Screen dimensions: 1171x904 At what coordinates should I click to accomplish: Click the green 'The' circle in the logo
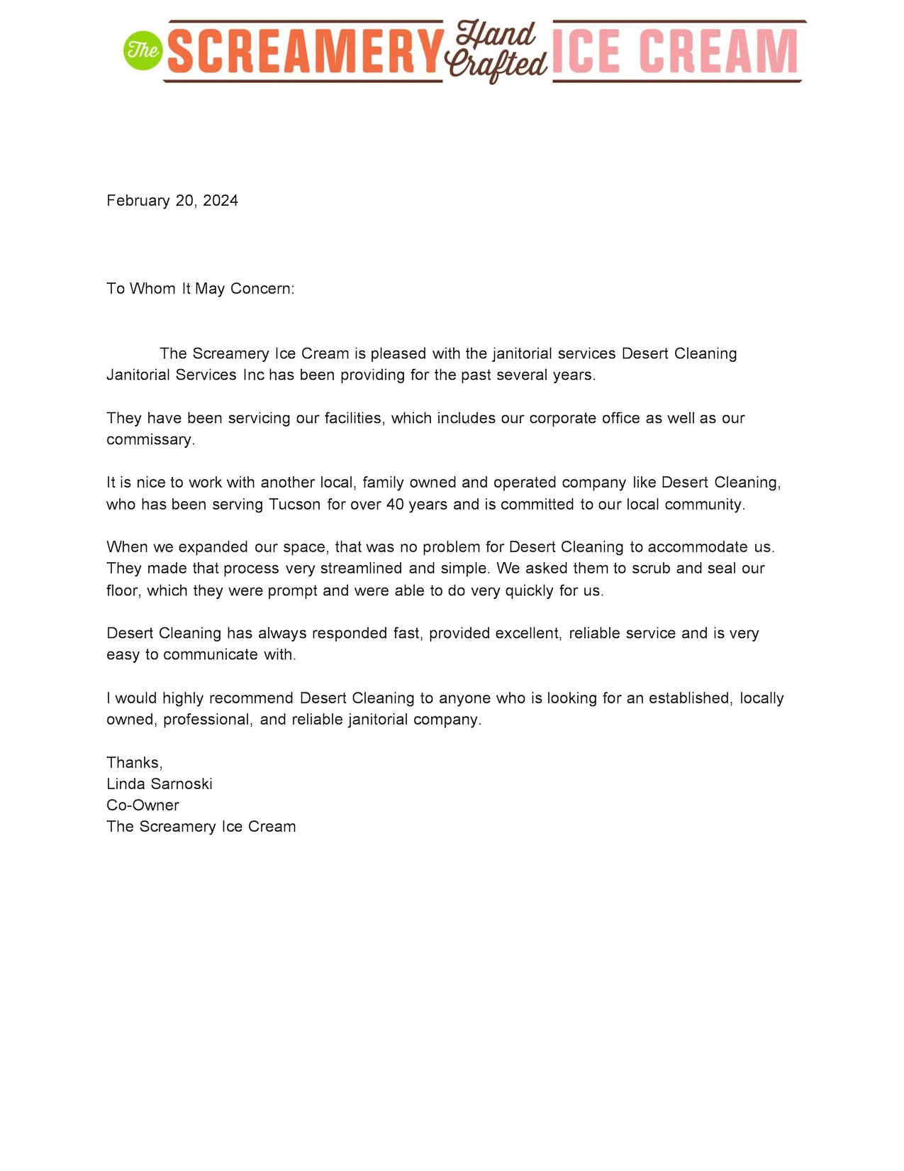pyautogui.click(x=143, y=50)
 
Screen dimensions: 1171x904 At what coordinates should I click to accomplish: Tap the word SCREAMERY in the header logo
pyautogui.click(x=306, y=52)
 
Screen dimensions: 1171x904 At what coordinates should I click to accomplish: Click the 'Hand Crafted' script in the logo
pyautogui.click(x=496, y=51)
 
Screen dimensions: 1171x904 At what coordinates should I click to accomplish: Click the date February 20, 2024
pyautogui.click(x=172, y=201)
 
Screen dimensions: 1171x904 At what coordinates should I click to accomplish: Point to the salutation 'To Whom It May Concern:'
pyautogui.click(x=200, y=289)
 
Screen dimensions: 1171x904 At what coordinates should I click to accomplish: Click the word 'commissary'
pyautogui.click(x=150, y=440)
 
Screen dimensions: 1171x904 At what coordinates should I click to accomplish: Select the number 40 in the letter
pyautogui.click(x=395, y=505)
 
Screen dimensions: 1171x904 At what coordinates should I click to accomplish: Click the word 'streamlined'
pyautogui.click(x=361, y=568)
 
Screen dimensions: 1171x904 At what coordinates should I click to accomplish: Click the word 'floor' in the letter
pyautogui.click(x=123, y=590)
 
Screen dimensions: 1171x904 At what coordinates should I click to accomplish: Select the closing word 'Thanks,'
pyautogui.click(x=135, y=763)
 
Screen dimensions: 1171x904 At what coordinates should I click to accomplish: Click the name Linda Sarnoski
pyautogui.click(x=160, y=784)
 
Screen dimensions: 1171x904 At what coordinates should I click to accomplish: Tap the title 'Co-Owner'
pyautogui.click(x=143, y=806)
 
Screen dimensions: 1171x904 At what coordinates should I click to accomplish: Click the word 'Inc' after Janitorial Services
pyautogui.click(x=253, y=375)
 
